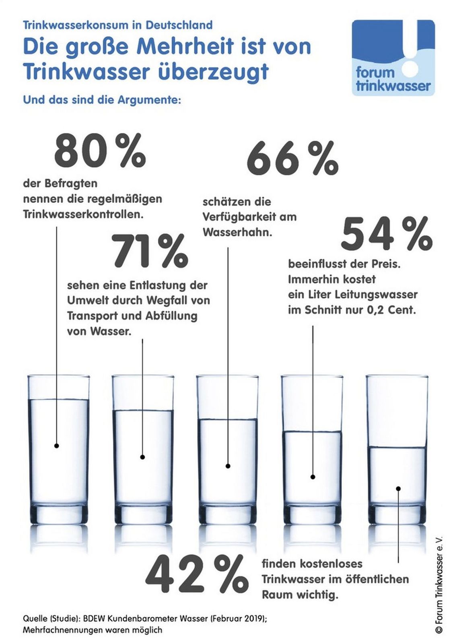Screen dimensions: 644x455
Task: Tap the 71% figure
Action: click(150, 252)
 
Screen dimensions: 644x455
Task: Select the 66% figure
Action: click(292, 158)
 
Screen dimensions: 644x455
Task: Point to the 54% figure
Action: click(387, 234)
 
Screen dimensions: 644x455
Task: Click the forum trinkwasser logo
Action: click(393, 58)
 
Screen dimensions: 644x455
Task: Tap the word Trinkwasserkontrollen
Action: click(83, 214)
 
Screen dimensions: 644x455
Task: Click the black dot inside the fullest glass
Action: click(57, 446)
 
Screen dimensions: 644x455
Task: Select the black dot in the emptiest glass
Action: click(398, 489)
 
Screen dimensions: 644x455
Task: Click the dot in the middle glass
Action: click(228, 466)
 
